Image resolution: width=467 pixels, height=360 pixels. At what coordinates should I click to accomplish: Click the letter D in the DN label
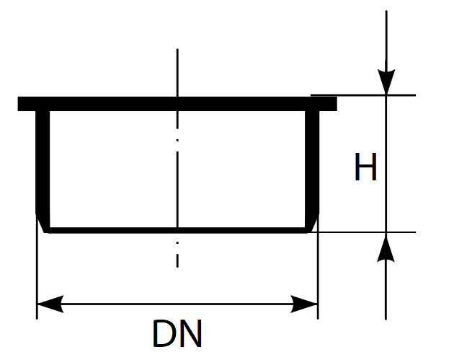click(x=163, y=333)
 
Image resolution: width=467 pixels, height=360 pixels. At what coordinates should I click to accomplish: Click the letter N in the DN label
click(x=190, y=333)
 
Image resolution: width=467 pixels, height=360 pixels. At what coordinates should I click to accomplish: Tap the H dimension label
click(x=365, y=167)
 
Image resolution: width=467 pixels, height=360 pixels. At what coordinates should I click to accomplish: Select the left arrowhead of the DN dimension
click(x=50, y=304)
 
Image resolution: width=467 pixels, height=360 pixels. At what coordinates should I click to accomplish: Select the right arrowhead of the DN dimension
click(x=304, y=304)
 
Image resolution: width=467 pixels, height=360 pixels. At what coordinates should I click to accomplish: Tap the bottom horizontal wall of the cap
click(x=177, y=230)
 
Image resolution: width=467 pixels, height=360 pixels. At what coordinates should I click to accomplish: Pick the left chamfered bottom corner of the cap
click(x=43, y=223)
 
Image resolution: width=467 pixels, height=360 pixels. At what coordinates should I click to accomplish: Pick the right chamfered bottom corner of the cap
click(x=312, y=223)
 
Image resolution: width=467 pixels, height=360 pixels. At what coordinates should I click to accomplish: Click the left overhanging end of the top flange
click(x=27, y=104)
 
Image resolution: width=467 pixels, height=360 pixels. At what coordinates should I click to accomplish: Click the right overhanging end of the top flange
click(x=328, y=104)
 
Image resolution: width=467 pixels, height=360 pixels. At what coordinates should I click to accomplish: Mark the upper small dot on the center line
click(x=177, y=140)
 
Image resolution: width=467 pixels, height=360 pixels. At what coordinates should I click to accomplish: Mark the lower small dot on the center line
click(x=177, y=243)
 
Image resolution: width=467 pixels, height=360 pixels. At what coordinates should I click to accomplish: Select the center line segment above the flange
click(x=177, y=72)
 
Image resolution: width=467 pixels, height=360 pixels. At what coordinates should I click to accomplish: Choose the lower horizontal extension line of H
click(x=362, y=232)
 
